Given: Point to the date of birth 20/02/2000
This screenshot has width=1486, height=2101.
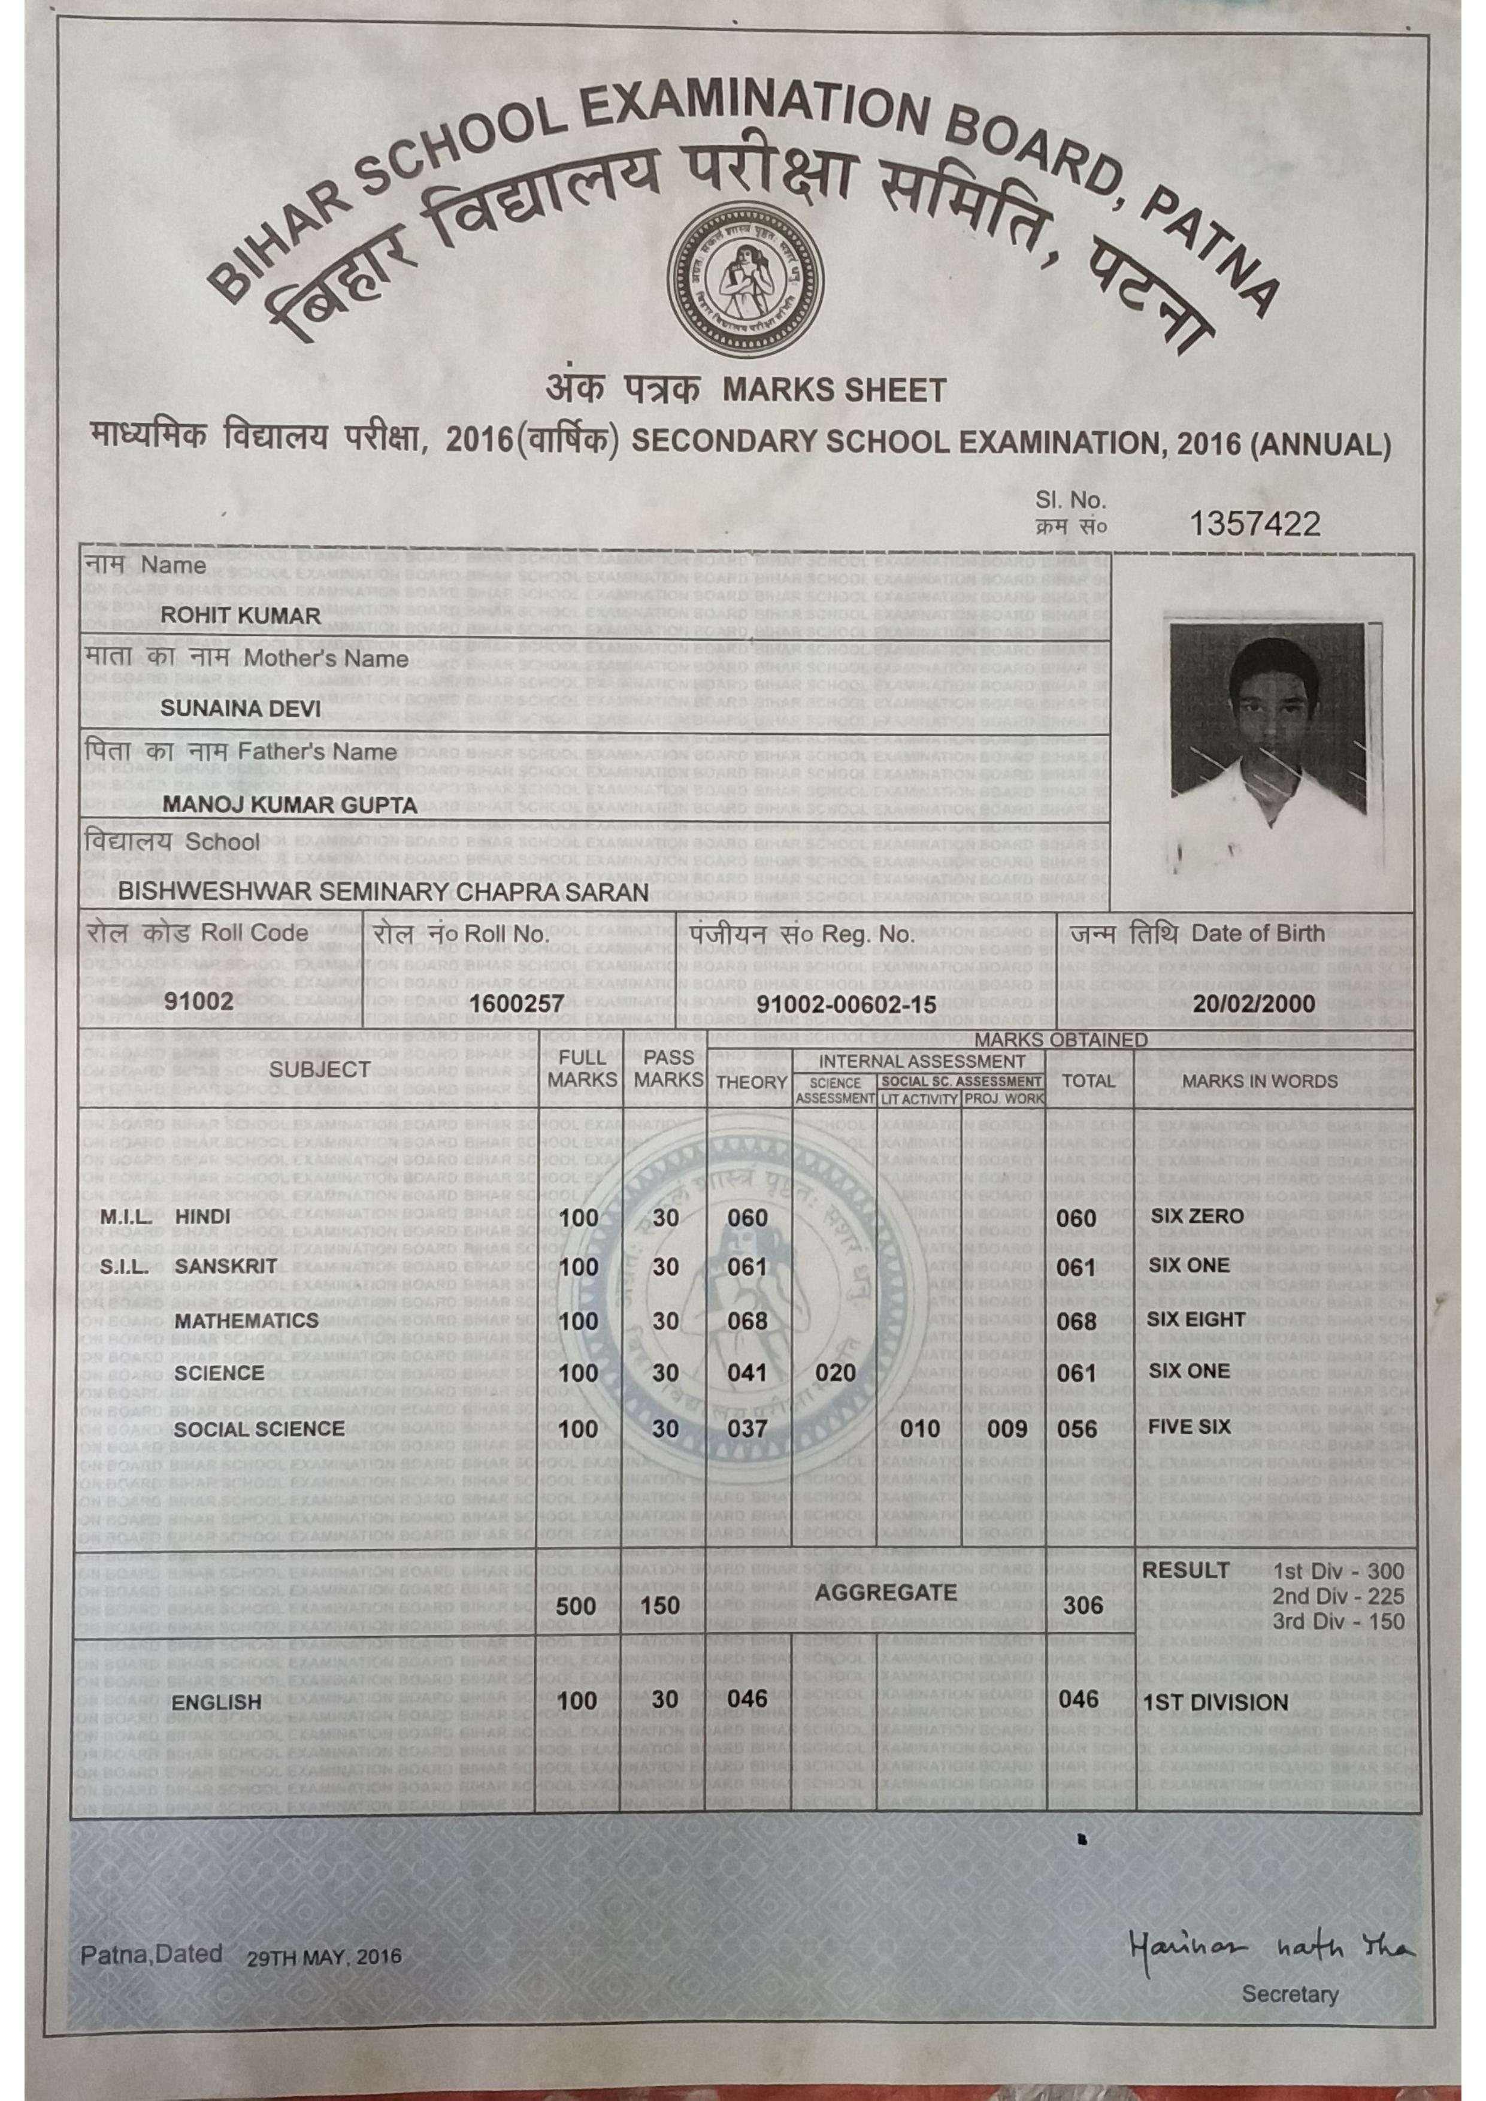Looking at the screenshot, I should (1254, 1004).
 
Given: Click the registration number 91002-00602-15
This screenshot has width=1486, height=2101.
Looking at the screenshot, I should (846, 1004).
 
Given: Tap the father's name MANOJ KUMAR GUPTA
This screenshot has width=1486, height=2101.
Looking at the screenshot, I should (289, 806).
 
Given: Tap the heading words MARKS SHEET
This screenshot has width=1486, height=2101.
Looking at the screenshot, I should (834, 392).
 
